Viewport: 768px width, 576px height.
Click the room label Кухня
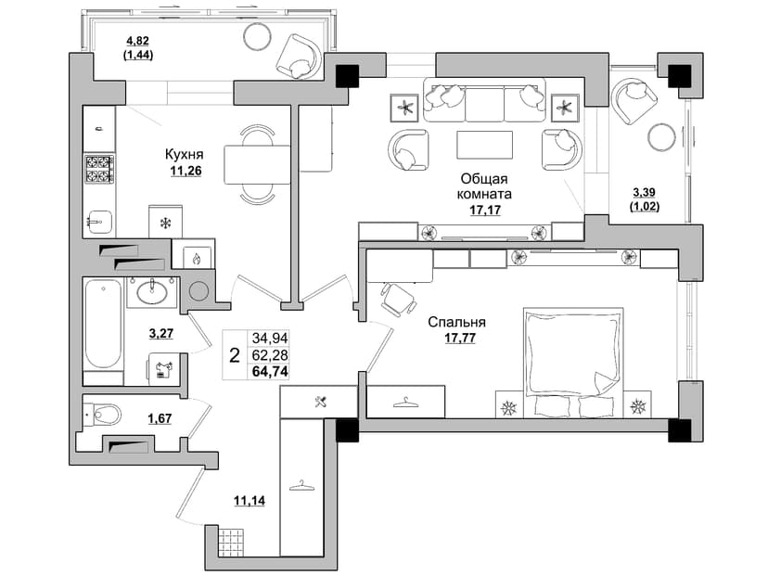[185, 155]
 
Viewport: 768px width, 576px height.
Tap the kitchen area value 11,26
[186, 171]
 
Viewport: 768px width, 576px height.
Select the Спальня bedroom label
[457, 322]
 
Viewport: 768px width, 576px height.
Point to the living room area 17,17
[485, 211]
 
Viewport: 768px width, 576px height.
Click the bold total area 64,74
[270, 371]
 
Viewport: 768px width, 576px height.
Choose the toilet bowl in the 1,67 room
[102, 416]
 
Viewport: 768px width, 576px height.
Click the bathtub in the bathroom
[102, 325]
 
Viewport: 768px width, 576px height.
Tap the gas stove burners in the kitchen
[99, 169]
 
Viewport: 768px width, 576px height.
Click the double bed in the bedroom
[573, 363]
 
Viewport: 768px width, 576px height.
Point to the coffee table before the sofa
[484, 145]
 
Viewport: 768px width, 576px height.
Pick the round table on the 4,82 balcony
[257, 36]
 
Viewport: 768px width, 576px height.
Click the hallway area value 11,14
[250, 501]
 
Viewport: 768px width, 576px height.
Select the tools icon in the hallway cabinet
[322, 402]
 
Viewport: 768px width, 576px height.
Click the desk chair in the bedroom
[398, 299]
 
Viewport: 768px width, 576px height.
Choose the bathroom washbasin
[152, 292]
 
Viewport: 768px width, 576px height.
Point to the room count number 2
[235, 355]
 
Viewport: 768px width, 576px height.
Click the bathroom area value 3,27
[160, 334]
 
